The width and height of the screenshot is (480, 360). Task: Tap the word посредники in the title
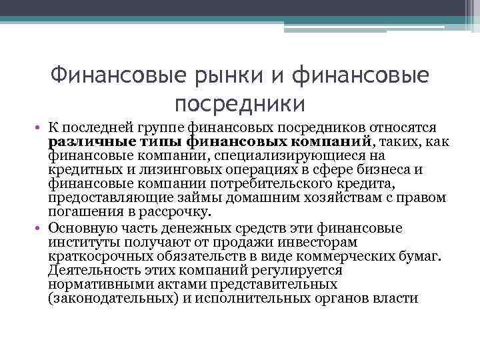(239, 104)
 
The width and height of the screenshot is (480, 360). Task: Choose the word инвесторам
(319, 241)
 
